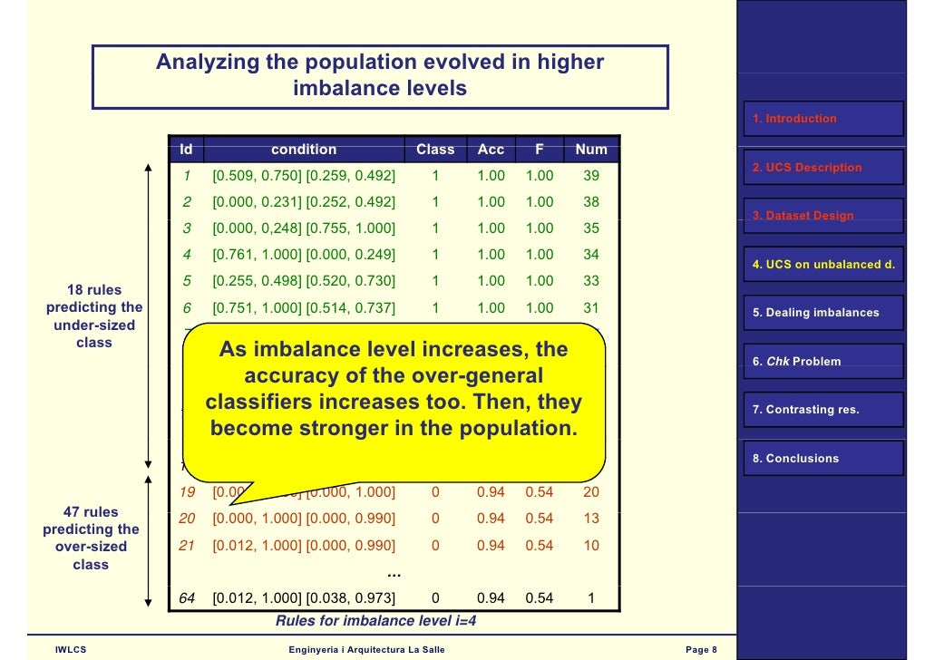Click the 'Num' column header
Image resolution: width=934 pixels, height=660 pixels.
pyautogui.click(x=591, y=150)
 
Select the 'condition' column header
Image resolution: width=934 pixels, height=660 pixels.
pyautogui.click(x=304, y=150)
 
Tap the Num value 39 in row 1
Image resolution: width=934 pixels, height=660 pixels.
pyautogui.click(x=591, y=176)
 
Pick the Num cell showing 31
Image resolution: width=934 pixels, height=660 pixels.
pyautogui.click(x=591, y=308)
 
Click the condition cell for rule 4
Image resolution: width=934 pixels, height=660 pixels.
pyautogui.click(x=304, y=255)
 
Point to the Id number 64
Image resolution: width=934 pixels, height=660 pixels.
pyautogui.click(x=188, y=598)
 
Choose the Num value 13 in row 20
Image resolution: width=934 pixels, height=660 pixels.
pyautogui.click(x=591, y=519)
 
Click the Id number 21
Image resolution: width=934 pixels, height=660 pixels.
pyautogui.click(x=188, y=545)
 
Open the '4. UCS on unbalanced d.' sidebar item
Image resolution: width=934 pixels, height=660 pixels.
pyautogui.click(x=823, y=265)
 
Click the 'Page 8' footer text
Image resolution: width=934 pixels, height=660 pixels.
pyautogui.click(x=702, y=649)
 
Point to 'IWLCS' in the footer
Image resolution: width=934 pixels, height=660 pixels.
pyautogui.click(x=71, y=649)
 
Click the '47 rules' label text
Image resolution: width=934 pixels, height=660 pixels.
pyautogui.click(x=90, y=512)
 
